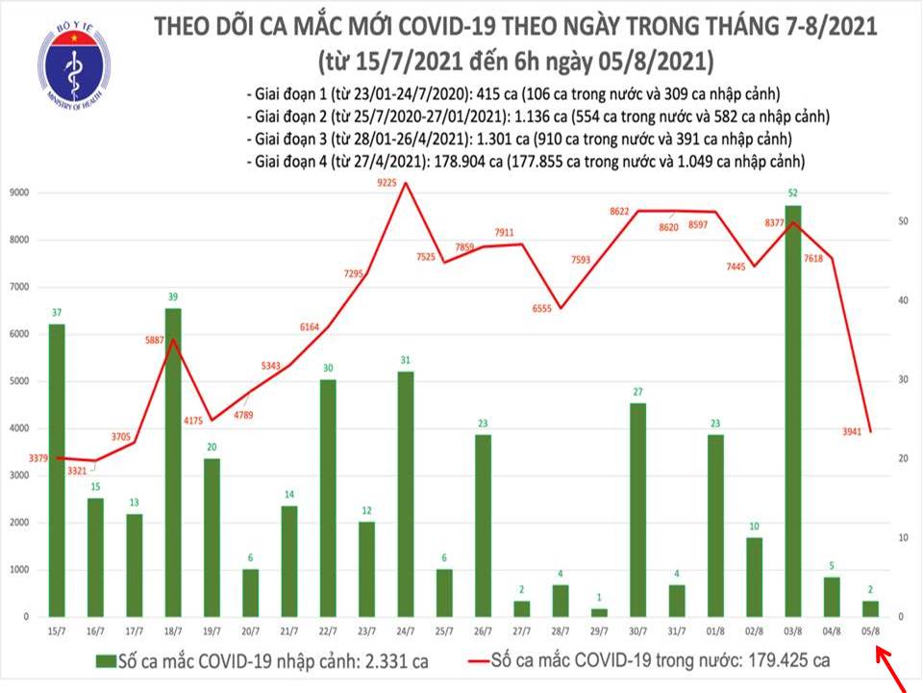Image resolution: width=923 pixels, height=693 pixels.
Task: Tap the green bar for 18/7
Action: click(172, 462)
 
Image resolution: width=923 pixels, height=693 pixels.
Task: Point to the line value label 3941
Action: click(846, 431)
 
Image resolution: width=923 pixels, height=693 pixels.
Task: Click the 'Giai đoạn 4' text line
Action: click(526, 161)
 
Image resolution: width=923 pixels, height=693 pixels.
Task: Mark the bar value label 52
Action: click(792, 192)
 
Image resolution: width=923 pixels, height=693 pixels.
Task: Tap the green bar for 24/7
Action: click(407, 494)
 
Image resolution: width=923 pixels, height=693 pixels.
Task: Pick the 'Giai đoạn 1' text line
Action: click(511, 94)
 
